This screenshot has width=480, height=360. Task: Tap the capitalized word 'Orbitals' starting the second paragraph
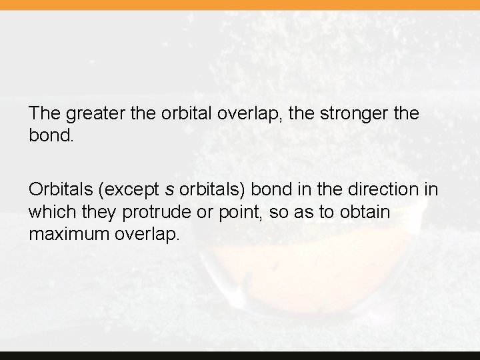(61, 189)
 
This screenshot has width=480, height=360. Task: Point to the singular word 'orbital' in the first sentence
(183, 113)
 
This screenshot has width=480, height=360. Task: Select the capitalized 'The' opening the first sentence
(45, 113)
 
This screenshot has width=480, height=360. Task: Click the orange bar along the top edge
(240, 5)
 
